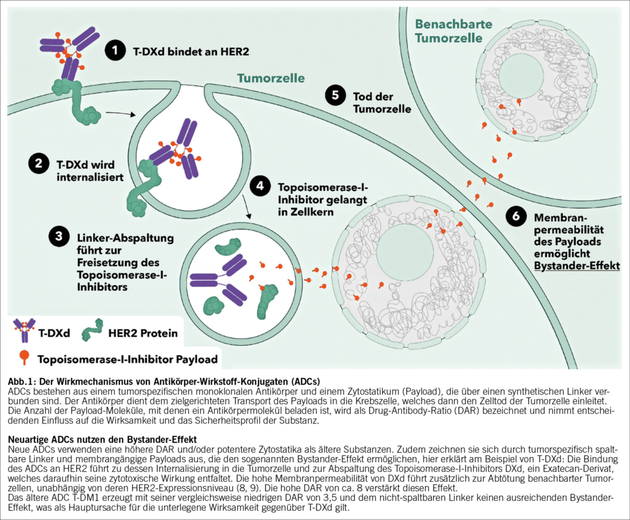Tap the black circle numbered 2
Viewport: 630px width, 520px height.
click(x=38, y=164)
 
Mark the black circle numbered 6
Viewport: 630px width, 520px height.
click(x=516, y=217)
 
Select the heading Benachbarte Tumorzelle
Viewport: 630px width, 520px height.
click(x=454, y=31)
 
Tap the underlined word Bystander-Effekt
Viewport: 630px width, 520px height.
click(x=577, y=265)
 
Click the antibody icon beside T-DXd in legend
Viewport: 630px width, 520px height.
click(x=25, y=331)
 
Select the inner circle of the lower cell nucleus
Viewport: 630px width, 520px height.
click(x=404, y=252)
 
